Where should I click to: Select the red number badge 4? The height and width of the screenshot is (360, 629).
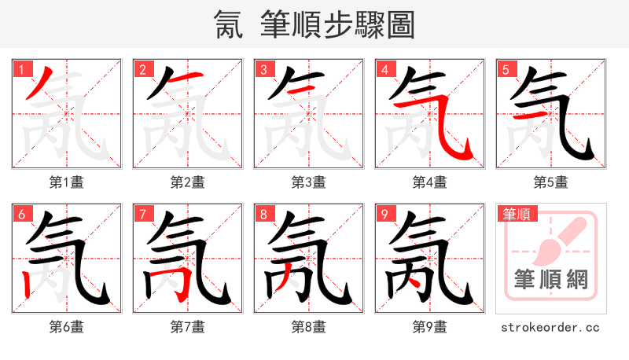384,69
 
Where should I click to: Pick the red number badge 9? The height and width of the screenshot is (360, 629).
384,214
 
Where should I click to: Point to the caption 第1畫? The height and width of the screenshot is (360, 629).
66,182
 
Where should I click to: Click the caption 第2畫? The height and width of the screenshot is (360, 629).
187,182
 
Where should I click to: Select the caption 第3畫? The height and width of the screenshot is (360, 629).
308,182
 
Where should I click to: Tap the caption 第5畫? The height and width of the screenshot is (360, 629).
550,182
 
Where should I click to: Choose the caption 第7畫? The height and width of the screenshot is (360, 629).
187,326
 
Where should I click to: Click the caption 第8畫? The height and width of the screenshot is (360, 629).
308,326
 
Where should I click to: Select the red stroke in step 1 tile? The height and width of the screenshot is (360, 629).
37,83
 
